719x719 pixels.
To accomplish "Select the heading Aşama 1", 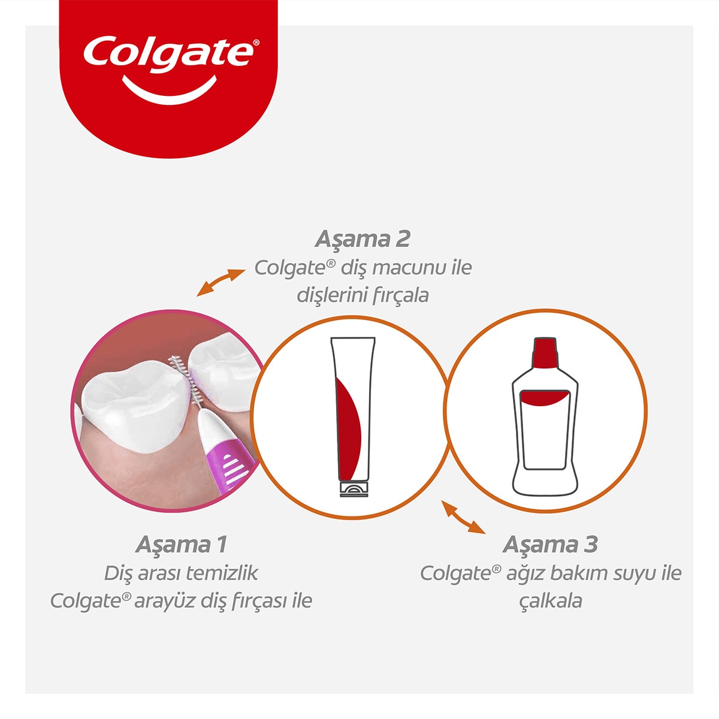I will click(x=181, y=545).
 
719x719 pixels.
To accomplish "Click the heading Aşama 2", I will click(x=362, y=239).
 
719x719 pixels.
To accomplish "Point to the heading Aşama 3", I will click(x=550, y=545).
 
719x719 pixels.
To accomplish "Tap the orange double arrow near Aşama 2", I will click(x=221, y=282).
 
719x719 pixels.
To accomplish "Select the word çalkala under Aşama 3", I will click(x=550, y=600).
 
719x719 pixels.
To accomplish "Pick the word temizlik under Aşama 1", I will click(x=222, y=573).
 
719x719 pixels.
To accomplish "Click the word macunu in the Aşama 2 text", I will click(x=404, y=267).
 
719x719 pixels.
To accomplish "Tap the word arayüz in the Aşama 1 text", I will click(x=162, y=600).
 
